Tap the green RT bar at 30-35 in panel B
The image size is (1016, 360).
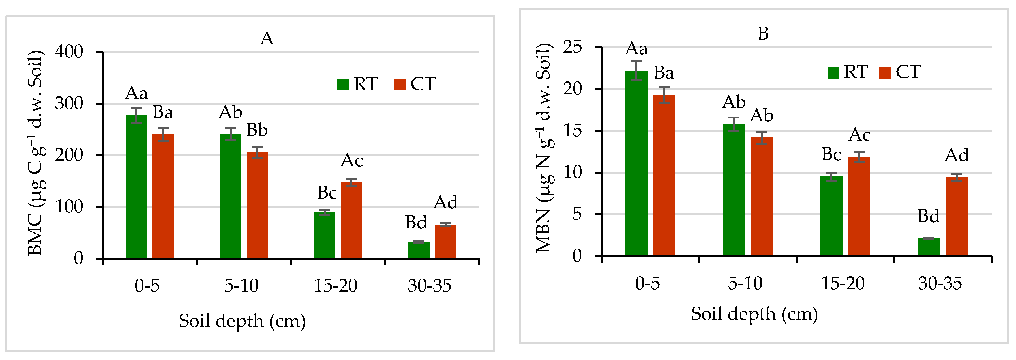(929, 247)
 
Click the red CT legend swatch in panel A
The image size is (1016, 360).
(400, 84)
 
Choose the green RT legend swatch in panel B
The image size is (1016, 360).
(833, 73)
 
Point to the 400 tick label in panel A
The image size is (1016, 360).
(69, 52)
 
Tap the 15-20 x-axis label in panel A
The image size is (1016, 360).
(335, 285)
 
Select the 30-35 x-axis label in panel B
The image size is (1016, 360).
(940, 283)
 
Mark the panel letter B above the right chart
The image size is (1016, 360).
(763, 34)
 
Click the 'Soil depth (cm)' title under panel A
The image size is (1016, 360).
(242, 321)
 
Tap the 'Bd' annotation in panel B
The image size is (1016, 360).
(929, 216)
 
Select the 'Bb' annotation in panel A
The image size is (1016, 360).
(257, 130)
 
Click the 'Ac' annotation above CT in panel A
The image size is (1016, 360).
(352, 160)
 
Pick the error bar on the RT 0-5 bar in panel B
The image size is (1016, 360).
(636, 71)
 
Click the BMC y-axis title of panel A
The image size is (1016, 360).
(35, 153)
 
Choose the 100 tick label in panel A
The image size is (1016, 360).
(69, 207)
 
